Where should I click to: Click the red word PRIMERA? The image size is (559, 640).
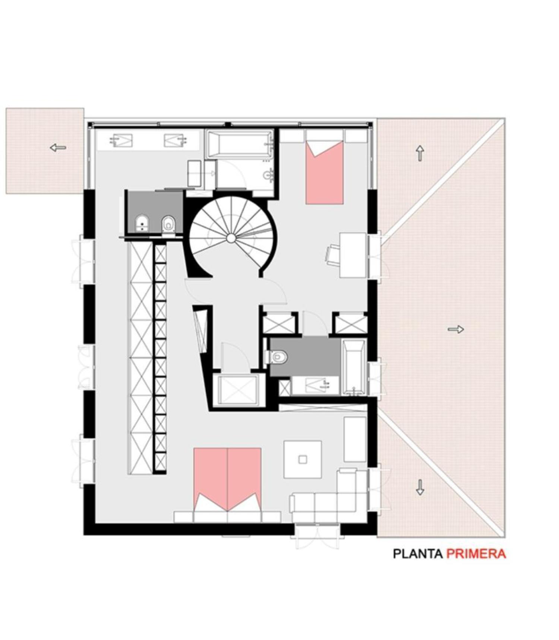tap(476, 554)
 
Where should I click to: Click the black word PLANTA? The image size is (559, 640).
tap(418, 554)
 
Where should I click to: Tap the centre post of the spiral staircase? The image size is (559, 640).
tap(231, 238)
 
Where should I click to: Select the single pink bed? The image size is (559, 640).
tap(324, 172)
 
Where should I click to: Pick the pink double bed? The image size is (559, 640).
tap(227, 479)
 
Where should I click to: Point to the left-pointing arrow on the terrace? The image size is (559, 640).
tap(58, 148)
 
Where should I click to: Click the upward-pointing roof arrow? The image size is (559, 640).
tap(420, 153)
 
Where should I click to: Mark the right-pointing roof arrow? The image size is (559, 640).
tap(455, 329)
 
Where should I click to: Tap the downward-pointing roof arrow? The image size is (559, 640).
tap(420, 487)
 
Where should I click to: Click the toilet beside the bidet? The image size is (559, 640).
tap(168, 224)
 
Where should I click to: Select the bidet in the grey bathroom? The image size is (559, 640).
tap(142, 224)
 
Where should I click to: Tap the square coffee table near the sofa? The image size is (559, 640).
tap(303, 459)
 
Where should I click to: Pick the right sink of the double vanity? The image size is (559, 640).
tap(175, 140)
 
